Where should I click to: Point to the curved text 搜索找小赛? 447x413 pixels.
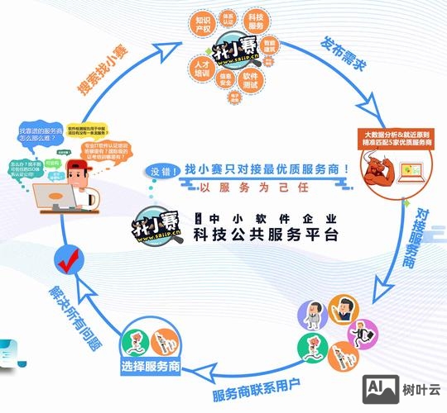[107, 74]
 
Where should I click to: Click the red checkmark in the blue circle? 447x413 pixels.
[65, 262]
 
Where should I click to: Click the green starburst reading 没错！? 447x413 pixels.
[164, 171]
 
